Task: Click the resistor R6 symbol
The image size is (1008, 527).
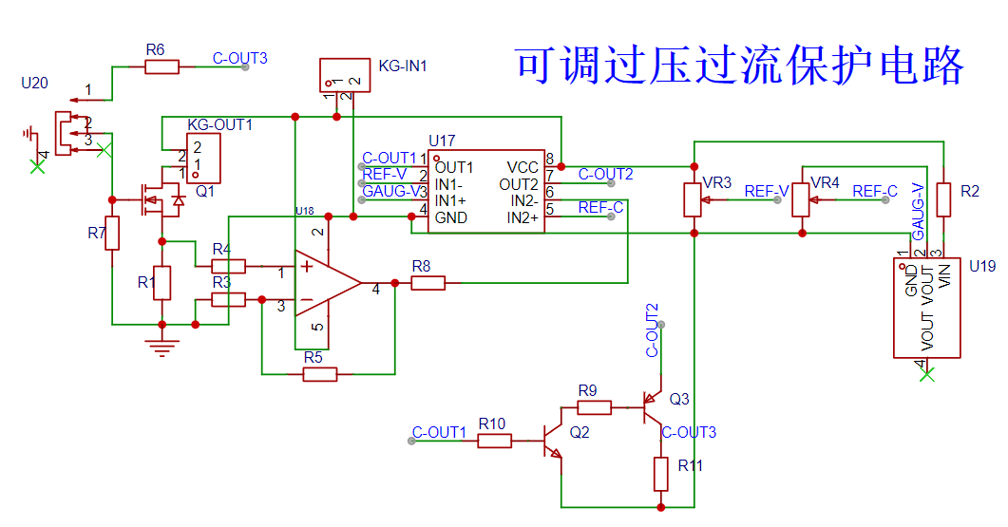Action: point(162,66)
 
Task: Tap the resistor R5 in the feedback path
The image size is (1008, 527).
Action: point(320,374)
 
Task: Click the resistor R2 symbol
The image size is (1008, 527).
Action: point(943,200)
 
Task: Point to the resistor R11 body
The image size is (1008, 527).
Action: point(661,474)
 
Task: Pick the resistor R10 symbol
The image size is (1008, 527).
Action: point(495,441)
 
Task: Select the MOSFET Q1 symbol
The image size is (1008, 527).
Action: point(157,199)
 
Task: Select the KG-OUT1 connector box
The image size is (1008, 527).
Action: point(203,158)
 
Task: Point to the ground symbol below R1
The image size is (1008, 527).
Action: point(162,348)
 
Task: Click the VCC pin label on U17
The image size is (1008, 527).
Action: point(522,167)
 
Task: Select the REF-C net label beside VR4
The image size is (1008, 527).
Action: point(874,192)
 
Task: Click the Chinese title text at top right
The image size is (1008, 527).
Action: point(740,66)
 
